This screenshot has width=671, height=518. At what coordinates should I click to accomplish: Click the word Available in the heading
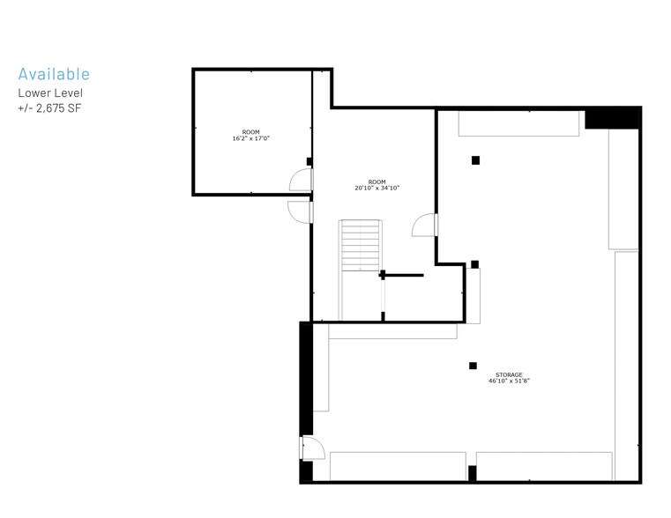54,74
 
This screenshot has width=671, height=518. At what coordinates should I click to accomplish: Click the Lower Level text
50,92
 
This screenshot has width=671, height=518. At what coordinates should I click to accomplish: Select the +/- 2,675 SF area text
50,107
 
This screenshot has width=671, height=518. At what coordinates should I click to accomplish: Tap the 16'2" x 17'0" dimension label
251,138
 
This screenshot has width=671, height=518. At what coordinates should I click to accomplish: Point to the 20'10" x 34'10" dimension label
377,188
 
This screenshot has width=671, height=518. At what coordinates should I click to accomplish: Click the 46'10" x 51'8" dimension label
509,381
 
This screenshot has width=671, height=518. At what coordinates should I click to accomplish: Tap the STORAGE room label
509,374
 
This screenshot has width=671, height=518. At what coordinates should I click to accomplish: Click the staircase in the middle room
361,247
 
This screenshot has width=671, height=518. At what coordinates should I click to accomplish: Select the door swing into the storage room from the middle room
424,226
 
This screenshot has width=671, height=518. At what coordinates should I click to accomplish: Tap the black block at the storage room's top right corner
612,118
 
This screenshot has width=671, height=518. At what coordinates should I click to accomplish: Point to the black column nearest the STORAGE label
473,366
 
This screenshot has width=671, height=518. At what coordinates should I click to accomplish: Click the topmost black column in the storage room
475,159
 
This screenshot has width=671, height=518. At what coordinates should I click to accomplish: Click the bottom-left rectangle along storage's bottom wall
398,466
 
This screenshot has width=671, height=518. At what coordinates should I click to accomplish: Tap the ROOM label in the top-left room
251,131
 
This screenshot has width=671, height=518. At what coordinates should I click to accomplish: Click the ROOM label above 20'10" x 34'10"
377,181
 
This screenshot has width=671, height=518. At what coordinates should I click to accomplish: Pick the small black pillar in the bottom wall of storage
472,473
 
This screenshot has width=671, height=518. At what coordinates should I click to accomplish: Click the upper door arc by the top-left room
302,180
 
